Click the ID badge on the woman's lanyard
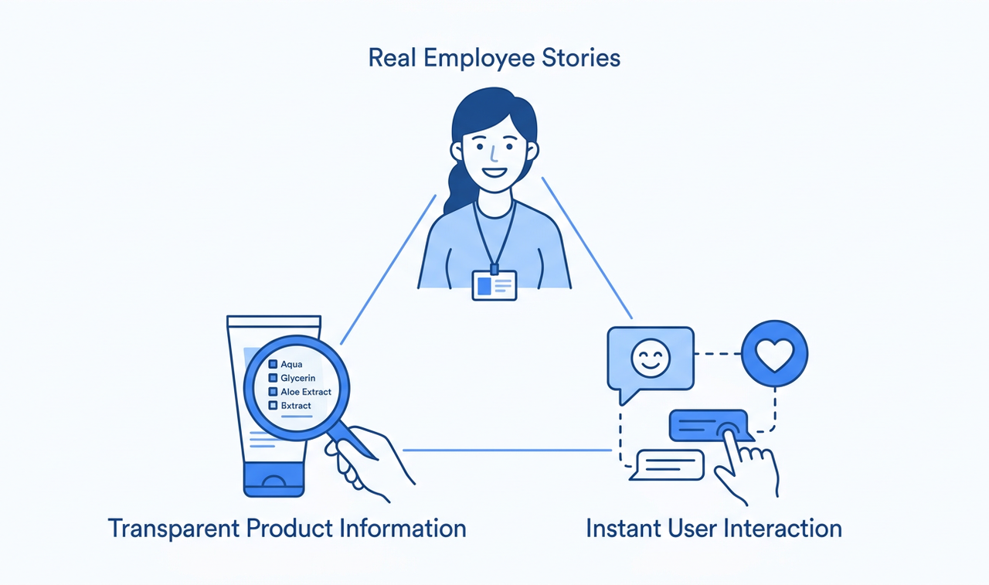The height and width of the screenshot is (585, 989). tap(494, 285)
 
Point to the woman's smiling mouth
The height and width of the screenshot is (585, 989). tap(494, 172)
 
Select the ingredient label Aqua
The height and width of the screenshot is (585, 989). tap(291, 364)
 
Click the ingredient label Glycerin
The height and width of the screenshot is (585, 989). tap(298, 378)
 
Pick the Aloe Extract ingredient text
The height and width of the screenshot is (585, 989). tap(306, 392)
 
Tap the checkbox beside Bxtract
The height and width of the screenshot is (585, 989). tap(273, 405)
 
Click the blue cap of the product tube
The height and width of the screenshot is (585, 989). tap(274, 479)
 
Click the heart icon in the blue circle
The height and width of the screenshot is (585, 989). tap(774, 355)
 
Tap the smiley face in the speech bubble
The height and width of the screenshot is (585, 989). tap(651, 358)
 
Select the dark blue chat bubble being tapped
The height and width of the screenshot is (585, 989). tap(709, 426)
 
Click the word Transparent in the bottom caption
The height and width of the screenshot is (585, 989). tap(174, 529)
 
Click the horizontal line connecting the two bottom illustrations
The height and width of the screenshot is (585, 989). tap(508, 451)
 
